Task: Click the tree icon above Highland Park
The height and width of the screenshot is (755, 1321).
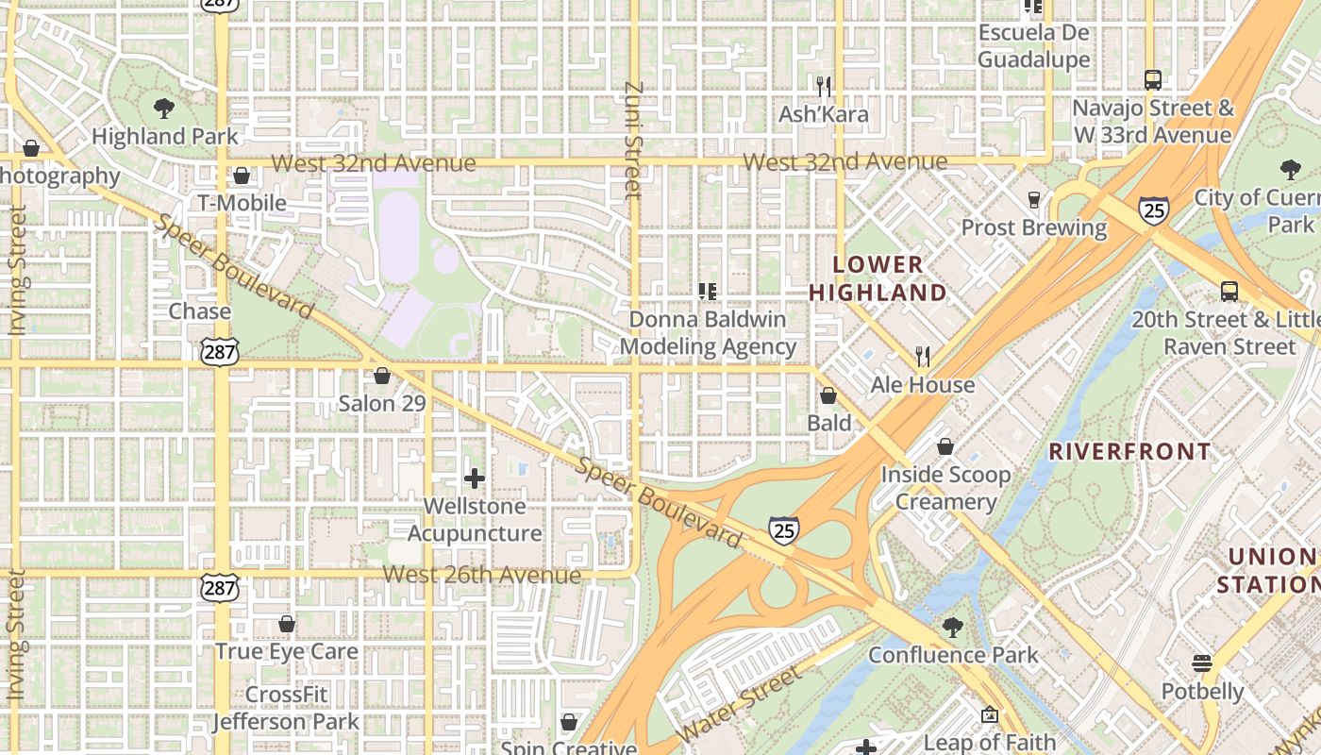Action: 164,108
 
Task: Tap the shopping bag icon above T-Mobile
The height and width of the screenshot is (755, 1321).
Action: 242,176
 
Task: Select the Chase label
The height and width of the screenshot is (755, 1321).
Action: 199,311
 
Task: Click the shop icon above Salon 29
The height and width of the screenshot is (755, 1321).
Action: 382,377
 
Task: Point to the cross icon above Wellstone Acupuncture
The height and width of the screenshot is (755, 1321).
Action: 475,478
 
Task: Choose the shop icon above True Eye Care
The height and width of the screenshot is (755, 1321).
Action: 287,624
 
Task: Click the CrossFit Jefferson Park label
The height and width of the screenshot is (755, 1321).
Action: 286,709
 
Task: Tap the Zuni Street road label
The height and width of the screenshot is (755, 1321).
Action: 633,142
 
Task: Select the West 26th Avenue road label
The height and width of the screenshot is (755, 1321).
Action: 482,575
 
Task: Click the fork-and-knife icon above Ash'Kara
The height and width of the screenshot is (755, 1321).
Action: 824,87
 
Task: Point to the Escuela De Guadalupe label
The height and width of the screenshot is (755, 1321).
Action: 1033,46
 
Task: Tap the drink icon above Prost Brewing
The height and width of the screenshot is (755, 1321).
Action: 1034,200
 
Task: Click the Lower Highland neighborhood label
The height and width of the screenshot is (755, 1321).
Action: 878,278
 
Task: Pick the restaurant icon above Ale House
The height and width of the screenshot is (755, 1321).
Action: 923,357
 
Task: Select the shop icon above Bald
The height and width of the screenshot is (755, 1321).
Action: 828,395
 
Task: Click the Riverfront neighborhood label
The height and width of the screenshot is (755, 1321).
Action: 1129,451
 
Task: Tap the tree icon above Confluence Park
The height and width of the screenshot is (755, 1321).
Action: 953,628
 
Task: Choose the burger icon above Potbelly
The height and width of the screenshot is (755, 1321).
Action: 1202,663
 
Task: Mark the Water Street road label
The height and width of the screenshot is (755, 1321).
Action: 740,703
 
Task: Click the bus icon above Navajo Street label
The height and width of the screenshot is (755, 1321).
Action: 1152,79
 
